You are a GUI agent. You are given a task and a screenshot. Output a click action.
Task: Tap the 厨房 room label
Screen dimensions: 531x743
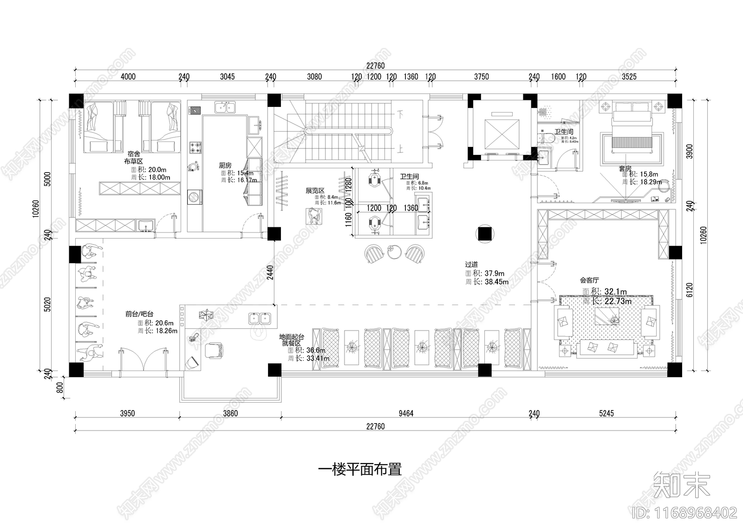pos(225,165)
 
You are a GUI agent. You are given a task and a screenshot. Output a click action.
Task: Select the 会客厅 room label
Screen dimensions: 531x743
pos(589,280)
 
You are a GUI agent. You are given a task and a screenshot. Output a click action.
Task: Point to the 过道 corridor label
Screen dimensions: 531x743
pos(471,264)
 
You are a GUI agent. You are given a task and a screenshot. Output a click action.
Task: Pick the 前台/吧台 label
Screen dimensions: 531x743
pos(139,314)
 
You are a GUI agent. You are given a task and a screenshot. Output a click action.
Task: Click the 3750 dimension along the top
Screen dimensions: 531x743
pos(481,77)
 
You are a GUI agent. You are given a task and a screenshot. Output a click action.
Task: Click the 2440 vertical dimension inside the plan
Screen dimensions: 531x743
pos(270,272)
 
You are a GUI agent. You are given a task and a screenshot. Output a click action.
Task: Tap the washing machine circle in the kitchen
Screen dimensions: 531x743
pos(194,197)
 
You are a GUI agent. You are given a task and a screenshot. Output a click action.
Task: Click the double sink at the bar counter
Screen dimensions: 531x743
pos(260,319)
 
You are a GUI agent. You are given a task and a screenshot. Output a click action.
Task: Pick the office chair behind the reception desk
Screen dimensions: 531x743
pos(214,350)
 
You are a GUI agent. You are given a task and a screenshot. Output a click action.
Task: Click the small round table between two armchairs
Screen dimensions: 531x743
pos(395,252)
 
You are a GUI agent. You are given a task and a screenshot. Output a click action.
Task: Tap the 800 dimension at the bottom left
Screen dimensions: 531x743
pos(59,388)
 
